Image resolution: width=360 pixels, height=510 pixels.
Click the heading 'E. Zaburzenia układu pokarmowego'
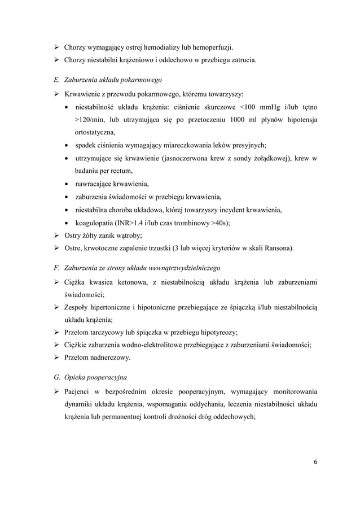(x=104, y=80)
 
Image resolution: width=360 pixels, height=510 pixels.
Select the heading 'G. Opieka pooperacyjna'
(x=87, y=376)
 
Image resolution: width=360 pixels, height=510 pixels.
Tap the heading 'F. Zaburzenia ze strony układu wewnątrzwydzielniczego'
(x=134, y=267)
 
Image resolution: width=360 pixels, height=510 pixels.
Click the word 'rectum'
(x=121, y=171)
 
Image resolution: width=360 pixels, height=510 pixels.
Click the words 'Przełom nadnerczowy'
(x=96, y=358)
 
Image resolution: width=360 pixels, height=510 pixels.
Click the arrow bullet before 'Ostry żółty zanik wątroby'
(x=56, y=236)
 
